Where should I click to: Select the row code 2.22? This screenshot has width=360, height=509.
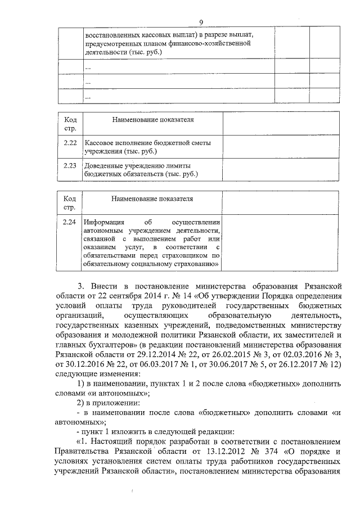[x=70, y=143]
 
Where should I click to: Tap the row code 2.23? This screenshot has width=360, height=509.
[x=70, y=166]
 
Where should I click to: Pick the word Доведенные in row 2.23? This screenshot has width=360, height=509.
[x=105, y=166]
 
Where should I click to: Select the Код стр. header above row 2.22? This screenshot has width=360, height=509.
[x=70, y=124]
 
